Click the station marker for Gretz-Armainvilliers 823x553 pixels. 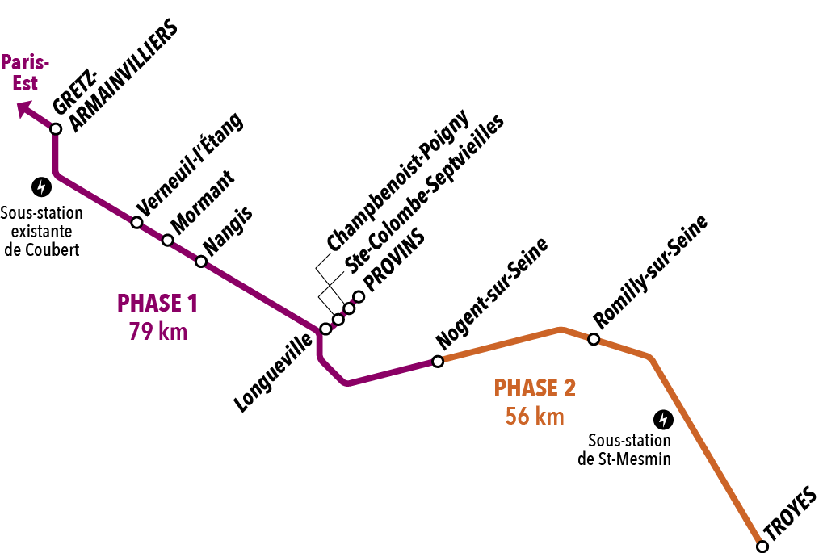click(x=56, y=128)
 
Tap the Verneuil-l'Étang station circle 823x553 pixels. click(x=136, y=222)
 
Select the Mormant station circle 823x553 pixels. click(x=167, y=240)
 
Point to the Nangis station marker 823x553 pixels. click(x=201, y=261)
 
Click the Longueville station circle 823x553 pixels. click(x=325, y=329)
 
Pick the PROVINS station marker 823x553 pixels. click(x=359, y=296)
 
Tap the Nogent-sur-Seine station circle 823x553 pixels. click(x=438, y=361)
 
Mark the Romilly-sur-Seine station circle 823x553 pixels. click(x=593, y=339)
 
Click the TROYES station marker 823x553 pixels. click(x=762, y=547)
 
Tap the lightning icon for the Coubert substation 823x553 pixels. click(x=40, y=187)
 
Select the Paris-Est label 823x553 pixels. click(x=26, y=72)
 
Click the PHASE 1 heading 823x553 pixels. click(x=157, y=304)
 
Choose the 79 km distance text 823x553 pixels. click(x=157, y=331)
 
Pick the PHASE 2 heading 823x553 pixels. click(x=535, y=388)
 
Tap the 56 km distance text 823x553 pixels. click(x=535, y=417)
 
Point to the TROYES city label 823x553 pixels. click(x=791, y=515)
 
